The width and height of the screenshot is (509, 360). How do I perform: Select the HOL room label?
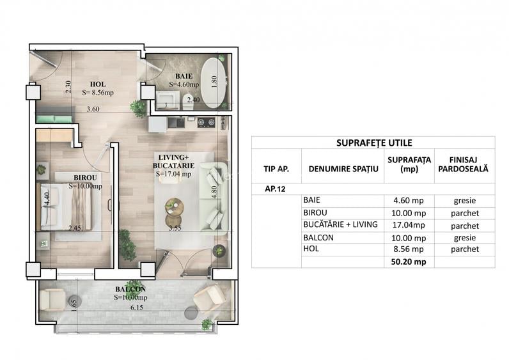98,83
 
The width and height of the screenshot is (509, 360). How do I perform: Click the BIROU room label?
84,178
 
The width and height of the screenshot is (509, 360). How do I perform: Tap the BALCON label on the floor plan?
130,289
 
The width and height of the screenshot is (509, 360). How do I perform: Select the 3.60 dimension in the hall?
93,109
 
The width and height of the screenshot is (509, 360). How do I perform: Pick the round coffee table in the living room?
174,206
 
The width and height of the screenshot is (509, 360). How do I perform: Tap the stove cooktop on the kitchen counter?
205,122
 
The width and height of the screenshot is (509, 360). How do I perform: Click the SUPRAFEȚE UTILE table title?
373,143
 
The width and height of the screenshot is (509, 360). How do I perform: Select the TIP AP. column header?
276,169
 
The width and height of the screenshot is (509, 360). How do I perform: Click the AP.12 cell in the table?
276,189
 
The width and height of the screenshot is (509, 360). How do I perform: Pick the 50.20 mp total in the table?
409,262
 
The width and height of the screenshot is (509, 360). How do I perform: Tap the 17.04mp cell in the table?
409,225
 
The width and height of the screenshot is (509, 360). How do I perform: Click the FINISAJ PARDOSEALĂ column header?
464,164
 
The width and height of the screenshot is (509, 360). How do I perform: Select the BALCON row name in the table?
320,237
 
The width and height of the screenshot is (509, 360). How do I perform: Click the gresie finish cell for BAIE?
464,201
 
